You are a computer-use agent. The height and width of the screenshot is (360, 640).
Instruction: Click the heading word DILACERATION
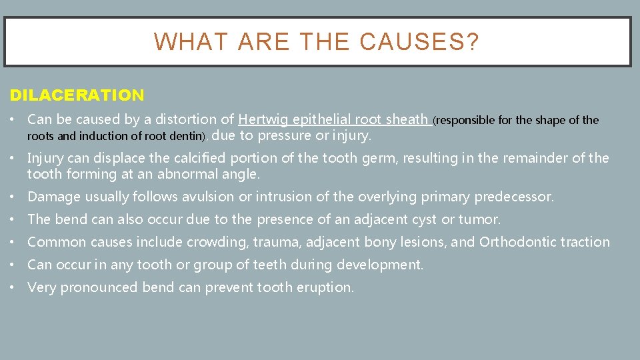[77, 95]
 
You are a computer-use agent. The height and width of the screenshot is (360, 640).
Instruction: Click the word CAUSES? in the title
[419, 42]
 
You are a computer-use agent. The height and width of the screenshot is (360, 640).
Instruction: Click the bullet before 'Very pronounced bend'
[14, 287]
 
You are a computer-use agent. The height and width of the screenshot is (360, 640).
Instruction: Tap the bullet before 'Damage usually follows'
[14, 197]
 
